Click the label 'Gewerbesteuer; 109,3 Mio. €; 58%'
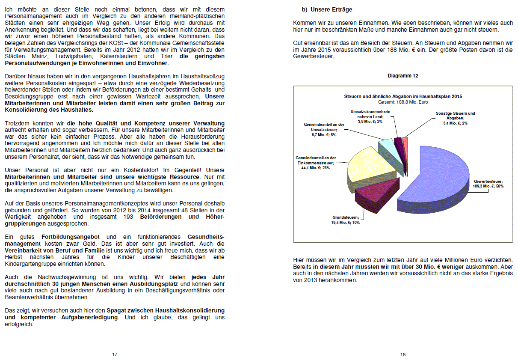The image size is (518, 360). click(x=488, y=184)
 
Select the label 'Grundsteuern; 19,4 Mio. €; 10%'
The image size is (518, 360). click(x=345, y=220)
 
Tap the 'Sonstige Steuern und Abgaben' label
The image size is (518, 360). click(x=455, y=118)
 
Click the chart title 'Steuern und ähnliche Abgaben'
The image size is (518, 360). click(x=403, y=97)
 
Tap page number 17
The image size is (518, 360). click(x=115, y=354)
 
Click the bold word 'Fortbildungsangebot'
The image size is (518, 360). click(x=71, y=237)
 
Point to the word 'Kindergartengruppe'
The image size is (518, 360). click(x=30, y=264)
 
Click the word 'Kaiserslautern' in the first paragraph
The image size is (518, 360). click(x=120, y=56)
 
